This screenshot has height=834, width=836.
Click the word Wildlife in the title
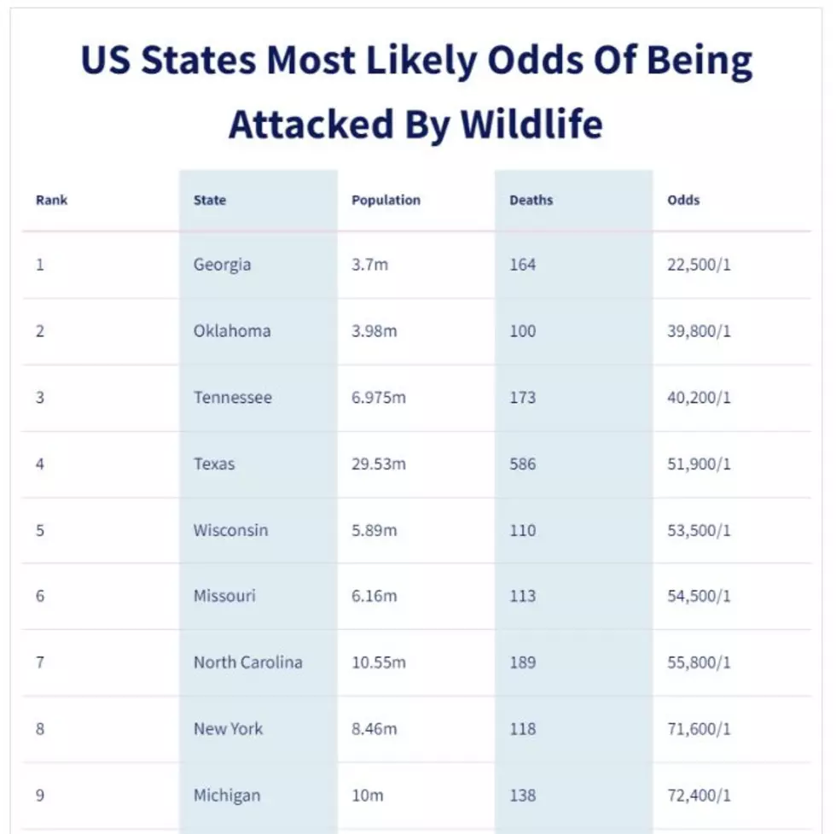tap(531, 125)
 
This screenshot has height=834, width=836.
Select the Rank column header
tap(52, 200)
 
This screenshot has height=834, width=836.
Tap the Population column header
tap(386, 201)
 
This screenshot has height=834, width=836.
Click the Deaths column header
tap(531, 200)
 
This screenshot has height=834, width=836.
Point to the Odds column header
tap(683, 200)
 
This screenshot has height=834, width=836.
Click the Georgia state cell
tap(222, 265)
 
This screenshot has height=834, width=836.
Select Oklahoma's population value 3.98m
tap(374, 331)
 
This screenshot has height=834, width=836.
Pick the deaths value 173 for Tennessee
tap(522, 398)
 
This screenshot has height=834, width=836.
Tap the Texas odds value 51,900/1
tap(699, 464)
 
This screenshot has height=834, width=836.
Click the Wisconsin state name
tap(231, 530)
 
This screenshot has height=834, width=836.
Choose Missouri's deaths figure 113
tap(522, 596)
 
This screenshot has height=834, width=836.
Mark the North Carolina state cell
tap(248, 662)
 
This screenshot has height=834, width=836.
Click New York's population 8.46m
tap(374, 729)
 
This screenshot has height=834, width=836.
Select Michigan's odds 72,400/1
tap(699, 796)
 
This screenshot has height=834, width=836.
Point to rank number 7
tap(40, 662)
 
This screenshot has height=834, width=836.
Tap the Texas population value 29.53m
tap(379, 464)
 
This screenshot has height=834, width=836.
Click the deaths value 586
tap(522, 464)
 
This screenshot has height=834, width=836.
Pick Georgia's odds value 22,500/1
tap(699, 265)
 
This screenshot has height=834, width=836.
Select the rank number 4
tap(40, 464)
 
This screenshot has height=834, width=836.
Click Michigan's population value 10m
tap(368, 796)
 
